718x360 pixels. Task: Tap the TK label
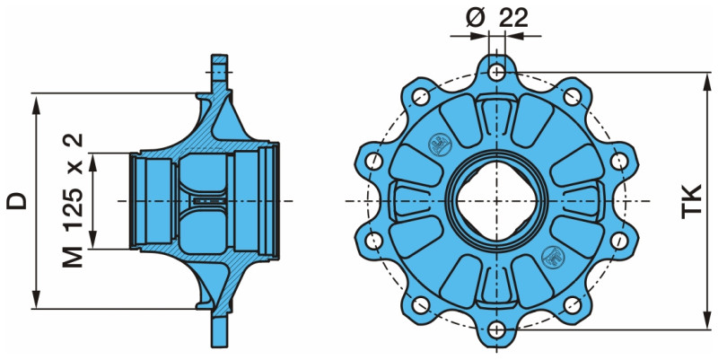point(691,199)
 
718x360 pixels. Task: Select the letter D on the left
point(15,200)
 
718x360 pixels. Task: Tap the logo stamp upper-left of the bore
point(439,144)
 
